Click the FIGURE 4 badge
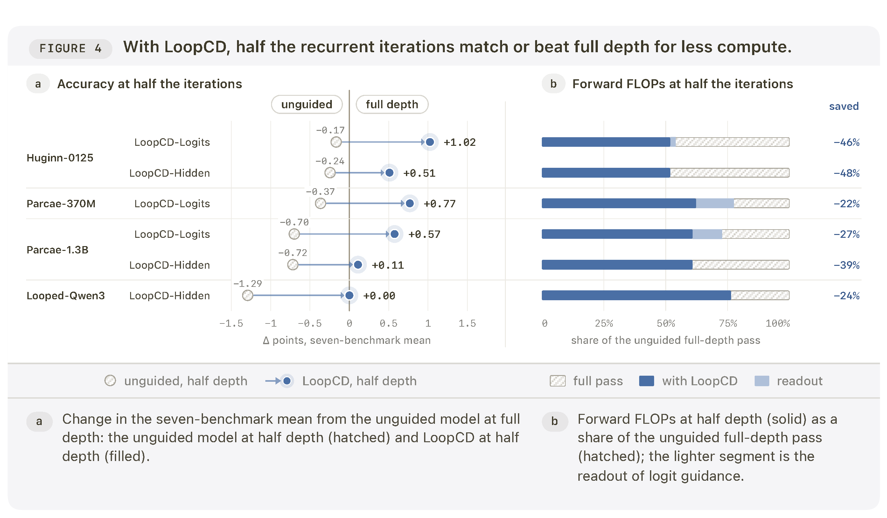tap(70, 49)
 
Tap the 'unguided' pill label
tap(307, 104)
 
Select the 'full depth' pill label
tap(392, 104)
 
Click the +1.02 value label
tap(459, 142)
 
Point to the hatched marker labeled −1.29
tap(248, 295)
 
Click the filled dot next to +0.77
tap(410, 203)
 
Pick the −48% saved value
tap(846, 173)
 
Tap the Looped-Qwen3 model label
tap(66, 296)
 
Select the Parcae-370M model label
tap(61, 204)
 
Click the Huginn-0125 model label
tap(60, 158)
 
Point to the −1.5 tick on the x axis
tap(231, 323)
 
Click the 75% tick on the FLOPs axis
tap(728, 323)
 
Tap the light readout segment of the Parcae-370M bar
tap(715, 203)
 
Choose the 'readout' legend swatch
tap(762, 381)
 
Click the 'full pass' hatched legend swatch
tap(557, 381)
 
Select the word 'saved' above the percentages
tap(844, 106)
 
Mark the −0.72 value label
tap(292, 253)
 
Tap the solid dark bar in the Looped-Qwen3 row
tap(636, 295)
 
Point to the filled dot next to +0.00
tap(349, 295)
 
